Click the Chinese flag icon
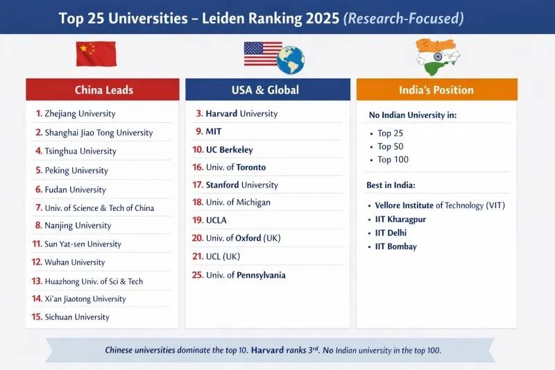(x=96, y=54)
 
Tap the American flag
(x=262, y=54)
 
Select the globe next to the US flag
(x=291, y=60)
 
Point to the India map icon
(x=438, y=57)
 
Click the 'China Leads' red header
(x=103, y=90)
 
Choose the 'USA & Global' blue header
(x=268, y=90)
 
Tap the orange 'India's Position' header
(x=437, y=90)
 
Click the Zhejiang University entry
(x=76, y=114)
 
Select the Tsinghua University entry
(x=76, y=151)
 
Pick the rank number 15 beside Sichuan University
(x=37, y=317)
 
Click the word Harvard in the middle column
(x=221, y=113)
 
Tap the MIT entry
(x=209, y=131)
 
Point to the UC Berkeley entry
(x=223, y=150)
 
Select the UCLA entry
(x=210, y=220)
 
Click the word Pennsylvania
(x=262, y=275)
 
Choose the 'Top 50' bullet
(x=386, y=146)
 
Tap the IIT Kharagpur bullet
(x=397, y=219)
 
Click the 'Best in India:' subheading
(x=391, y=185)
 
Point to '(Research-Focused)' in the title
(x=404, y=19)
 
